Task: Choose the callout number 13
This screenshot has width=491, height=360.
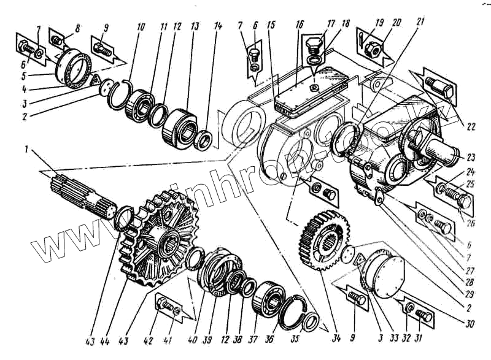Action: (x=195, y=28)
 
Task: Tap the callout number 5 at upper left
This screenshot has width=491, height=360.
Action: (x=25, y=77)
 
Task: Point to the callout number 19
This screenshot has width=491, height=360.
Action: (x=380, y=23)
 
